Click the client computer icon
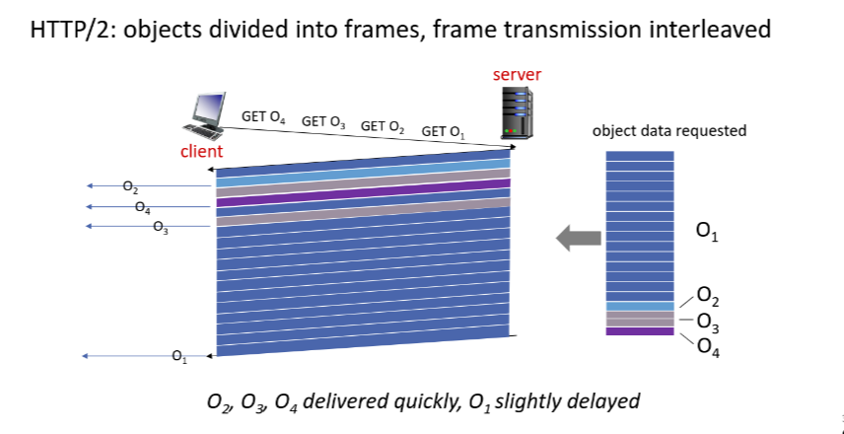(206, 116)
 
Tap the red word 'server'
(517, 75)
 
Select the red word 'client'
(201, 152)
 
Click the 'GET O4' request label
(263, 117)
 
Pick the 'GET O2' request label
(383, 126)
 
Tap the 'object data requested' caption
(668, 130)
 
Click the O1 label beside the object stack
(706, 233)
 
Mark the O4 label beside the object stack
(707, 345)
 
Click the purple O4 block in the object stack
(640, 331)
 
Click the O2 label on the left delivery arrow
(130, 185)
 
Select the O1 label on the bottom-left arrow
(178, 356)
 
